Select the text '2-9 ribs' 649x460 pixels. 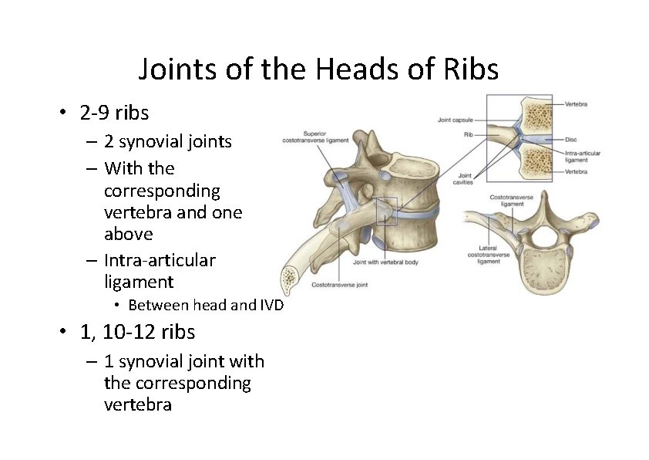click(x=114, y=113)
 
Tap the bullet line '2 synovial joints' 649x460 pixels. click(x=167, y=141)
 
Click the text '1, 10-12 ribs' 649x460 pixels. click(x=137, y=332)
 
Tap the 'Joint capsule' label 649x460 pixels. click(x=455, y=120)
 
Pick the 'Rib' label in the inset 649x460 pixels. click(x=468, y=134)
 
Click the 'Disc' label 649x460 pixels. click(x=571, y=140)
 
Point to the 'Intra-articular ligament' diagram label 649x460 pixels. click(x=582, y=156)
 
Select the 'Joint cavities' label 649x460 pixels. click(x=464, y=178)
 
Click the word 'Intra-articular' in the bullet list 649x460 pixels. click(x=160, y=260)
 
